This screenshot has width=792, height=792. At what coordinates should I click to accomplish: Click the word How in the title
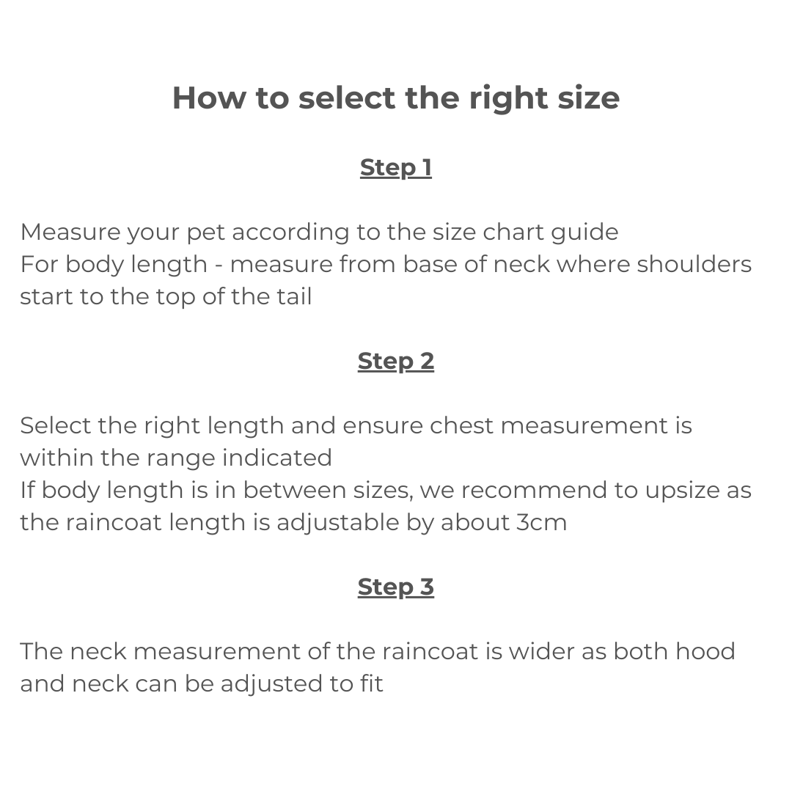coord(209,98)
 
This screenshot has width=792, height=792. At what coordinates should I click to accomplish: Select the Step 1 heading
coord(396,168)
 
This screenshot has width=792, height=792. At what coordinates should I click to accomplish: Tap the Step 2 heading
coord(396,361)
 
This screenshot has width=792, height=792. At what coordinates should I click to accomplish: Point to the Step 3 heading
coord(396,587)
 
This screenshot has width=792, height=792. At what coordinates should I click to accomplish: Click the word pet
coord(205,233)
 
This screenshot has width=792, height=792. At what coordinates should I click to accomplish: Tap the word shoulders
coord(694,264)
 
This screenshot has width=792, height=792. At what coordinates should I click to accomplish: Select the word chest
coord(461,426)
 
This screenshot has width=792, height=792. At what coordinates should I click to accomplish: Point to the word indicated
coord(276,458)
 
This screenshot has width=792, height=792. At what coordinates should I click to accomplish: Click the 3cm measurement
coord(542,523)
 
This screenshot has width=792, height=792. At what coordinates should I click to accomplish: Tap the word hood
coord(705,652)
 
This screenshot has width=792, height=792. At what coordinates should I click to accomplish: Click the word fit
coord(371,684)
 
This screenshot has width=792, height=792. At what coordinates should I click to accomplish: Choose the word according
coord(290,233)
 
